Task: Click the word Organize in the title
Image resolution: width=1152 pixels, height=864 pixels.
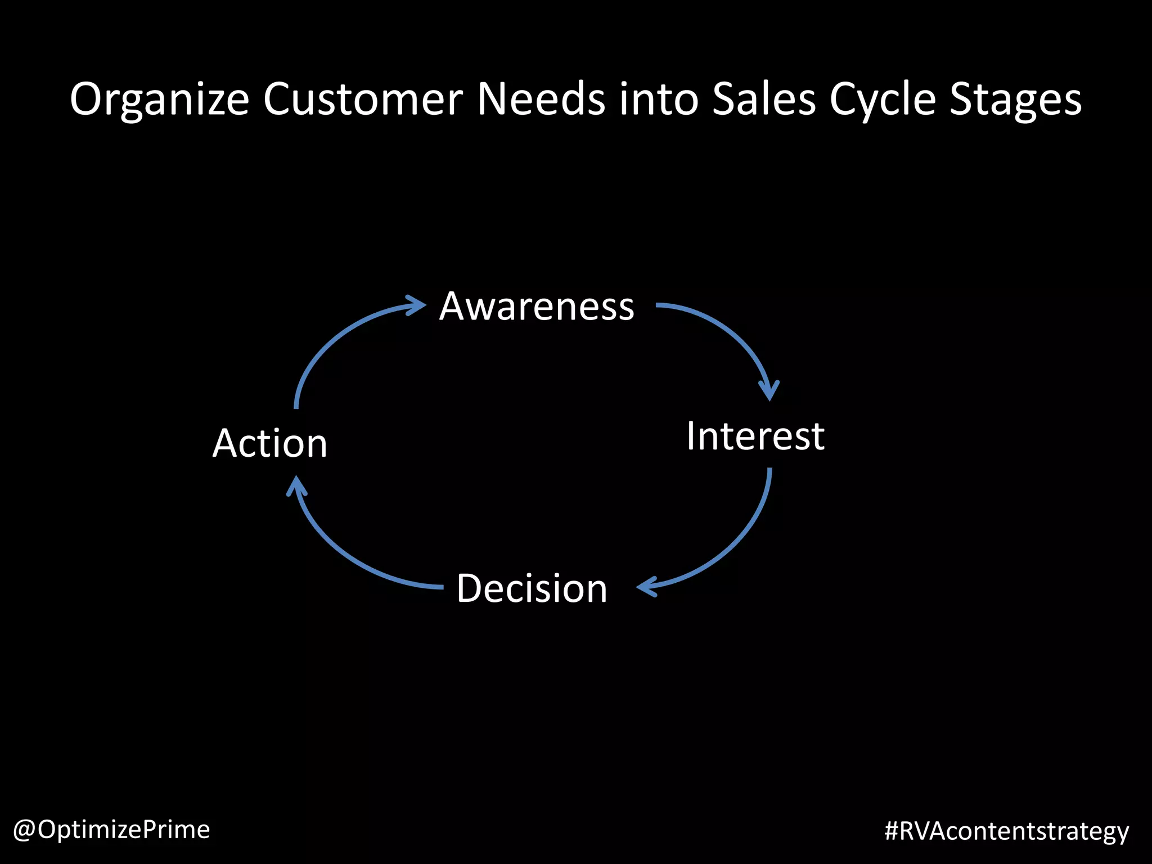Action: [x=159, y=100]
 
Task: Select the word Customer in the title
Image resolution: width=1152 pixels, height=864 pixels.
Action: [x=363, y=99]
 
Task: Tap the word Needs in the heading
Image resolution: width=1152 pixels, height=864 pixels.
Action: [x=542, y=99]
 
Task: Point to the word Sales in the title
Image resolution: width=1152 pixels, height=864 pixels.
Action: [x=763, y=99]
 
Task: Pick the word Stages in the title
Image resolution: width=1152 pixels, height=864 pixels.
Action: [x=1015, y=100]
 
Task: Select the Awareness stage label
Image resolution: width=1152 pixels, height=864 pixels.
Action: [x=537, y=307]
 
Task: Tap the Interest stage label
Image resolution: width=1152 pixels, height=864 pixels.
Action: [x=755, y=436]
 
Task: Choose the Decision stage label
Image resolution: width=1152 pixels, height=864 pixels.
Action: [x=532, y=588]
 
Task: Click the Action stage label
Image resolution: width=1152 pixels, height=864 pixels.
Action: [x=270, y=443]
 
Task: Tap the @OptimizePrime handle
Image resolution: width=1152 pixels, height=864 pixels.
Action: [x=111, y=829]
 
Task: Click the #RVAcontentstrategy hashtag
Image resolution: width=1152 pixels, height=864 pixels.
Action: [x=1006, y=831]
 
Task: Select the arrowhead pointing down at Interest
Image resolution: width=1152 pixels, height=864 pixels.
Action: [x=769, y=390]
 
